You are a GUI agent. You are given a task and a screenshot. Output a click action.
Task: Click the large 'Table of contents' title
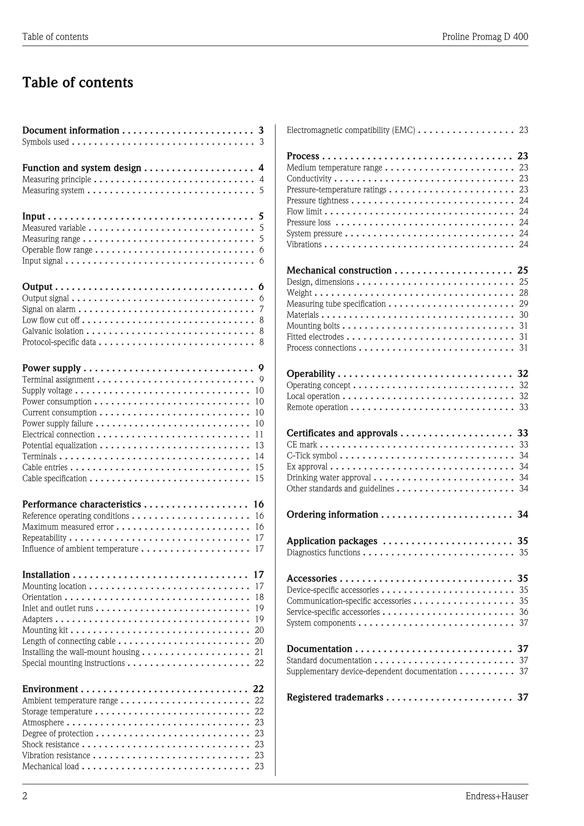click(78, 82)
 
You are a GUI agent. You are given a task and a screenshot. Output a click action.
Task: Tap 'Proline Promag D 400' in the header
click(485, 37)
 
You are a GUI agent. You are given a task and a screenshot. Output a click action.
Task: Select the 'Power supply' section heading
click(51, 368)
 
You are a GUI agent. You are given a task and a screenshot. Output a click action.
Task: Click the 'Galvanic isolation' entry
click(53, 331)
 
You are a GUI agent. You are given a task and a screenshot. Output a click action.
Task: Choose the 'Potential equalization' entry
click(60, 446)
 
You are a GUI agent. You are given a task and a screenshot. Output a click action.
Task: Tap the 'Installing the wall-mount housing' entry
click(81, 652)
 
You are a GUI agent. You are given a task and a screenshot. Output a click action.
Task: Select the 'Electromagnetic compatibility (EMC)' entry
click(351, 130)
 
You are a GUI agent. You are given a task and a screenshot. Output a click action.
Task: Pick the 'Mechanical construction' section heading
click(339, 271)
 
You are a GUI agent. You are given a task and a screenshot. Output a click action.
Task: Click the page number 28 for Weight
click(523, 293)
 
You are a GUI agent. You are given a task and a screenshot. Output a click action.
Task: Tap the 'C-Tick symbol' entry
click(312, 456)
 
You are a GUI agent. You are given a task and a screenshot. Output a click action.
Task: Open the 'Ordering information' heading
click(332, 515)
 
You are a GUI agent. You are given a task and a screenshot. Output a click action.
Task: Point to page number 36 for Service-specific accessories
click(523, 612)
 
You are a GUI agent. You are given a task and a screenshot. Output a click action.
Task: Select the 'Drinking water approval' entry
click(329, 478)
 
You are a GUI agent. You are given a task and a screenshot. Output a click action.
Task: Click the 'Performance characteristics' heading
click(82, 504)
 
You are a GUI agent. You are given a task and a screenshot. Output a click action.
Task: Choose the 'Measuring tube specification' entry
click(336, 304)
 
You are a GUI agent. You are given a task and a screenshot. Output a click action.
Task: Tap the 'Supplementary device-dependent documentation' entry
click(372, 671)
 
